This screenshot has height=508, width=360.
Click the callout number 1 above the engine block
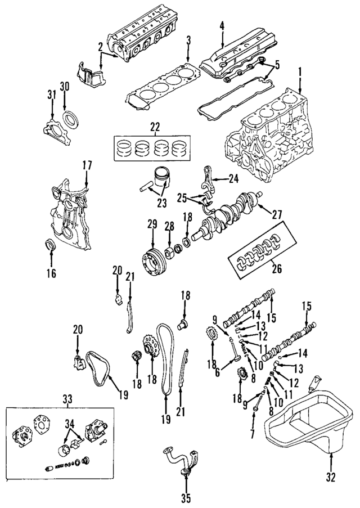tap(300, 71)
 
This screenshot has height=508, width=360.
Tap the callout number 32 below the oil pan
tap(330, 478)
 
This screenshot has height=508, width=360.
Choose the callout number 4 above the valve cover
tap(222, 25)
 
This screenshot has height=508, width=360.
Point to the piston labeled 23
tap(163, 180)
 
